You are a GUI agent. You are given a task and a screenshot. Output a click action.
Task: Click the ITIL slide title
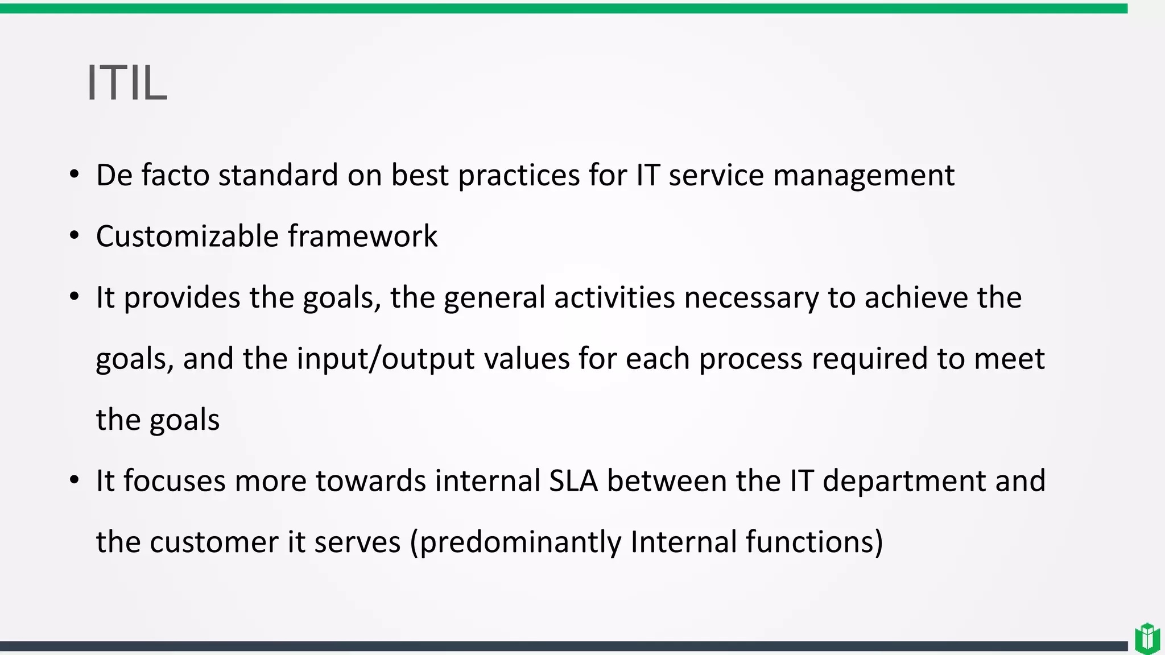point(127,83)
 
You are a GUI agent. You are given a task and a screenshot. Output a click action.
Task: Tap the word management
point(864,175)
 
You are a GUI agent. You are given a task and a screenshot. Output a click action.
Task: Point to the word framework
point(362,236)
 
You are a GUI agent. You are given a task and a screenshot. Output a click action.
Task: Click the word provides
point(181,297)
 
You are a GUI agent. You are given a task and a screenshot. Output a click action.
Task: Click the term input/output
point(386,359)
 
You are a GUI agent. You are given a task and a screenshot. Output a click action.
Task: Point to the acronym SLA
point(573,481)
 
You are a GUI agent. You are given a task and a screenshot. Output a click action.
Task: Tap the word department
point(904,481)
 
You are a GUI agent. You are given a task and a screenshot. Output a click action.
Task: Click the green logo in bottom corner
point(1147,638)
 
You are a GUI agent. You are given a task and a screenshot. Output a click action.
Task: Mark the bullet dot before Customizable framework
point(75,236)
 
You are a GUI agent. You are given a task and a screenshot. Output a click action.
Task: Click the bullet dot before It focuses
point(75,481)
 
